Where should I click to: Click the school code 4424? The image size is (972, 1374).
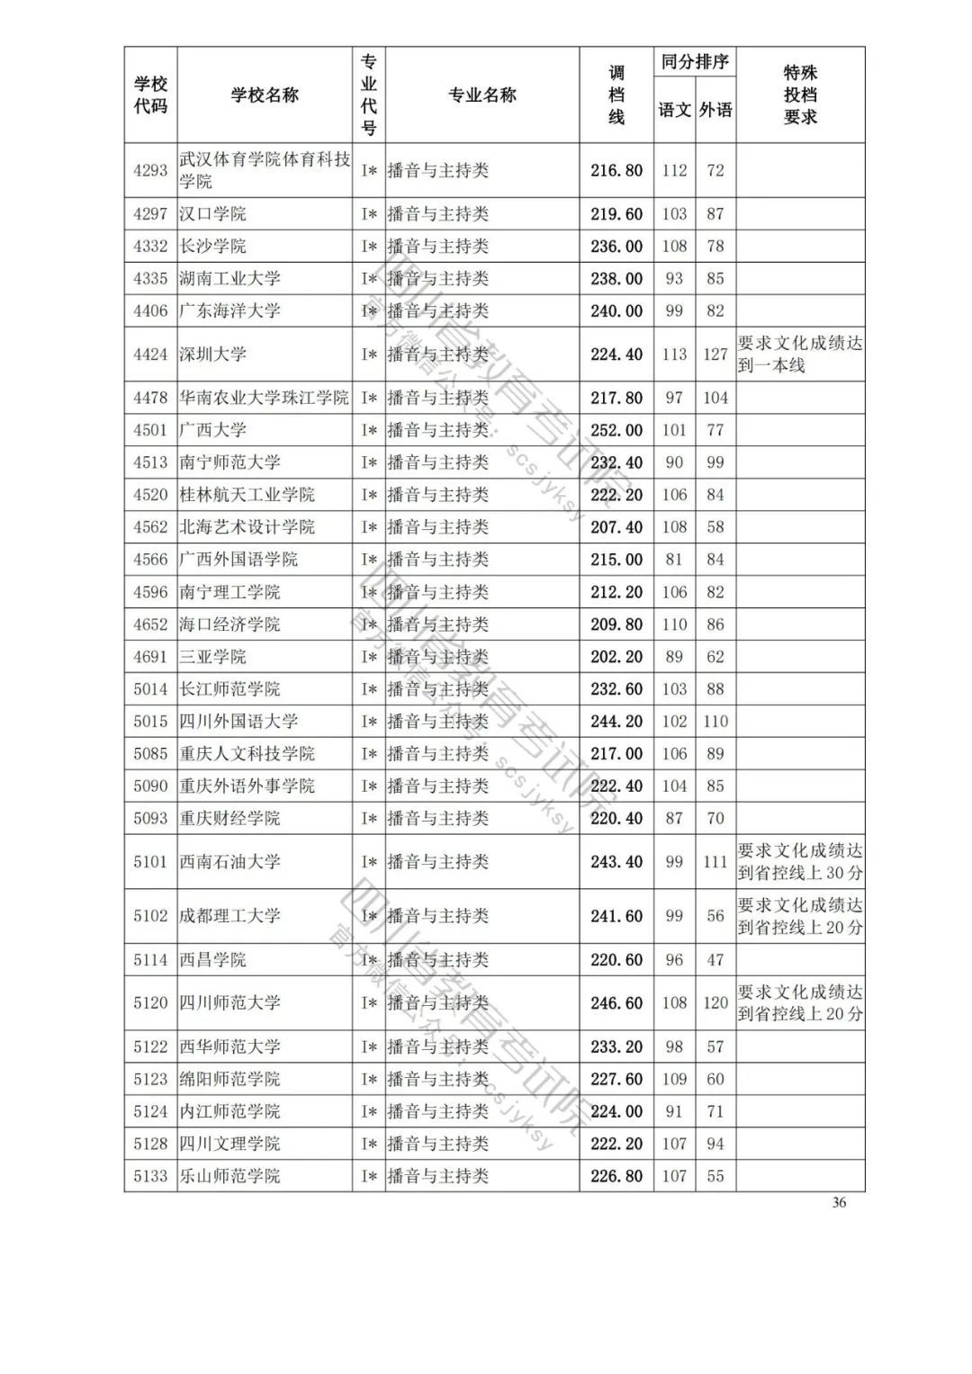pos(150,355)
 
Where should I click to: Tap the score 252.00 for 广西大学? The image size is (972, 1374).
pos(616,430)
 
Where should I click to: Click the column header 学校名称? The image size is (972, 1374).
pos(265,95)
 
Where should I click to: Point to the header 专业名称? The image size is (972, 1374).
pos(482,95)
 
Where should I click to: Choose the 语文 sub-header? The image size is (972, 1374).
pos(674,111)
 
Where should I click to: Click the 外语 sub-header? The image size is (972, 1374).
pos(715,111)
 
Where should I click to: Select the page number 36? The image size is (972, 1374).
pos(839,1202)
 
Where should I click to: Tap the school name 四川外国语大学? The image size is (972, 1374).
pos(238,722)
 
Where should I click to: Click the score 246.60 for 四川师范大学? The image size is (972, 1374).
pos(616,1003)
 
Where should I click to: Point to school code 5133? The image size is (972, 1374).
pos(150,1176)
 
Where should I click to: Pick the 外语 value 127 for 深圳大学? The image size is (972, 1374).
pos(715,355)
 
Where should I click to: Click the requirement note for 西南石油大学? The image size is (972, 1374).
pos(800,862)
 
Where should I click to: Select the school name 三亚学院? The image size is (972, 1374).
pos(212,657)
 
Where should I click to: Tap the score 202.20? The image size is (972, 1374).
pos(616,657)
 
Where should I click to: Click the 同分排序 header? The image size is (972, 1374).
pos(695,62)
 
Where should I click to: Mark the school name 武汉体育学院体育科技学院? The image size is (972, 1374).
pos(265,170)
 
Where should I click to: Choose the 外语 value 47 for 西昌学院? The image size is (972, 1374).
pos(715,960)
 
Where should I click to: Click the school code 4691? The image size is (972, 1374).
pos(150,657)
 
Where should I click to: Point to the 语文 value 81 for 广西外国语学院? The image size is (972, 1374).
pos(674,560)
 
